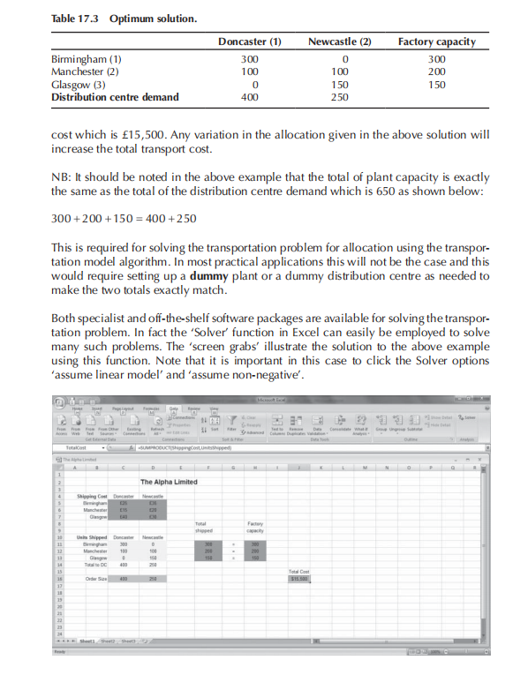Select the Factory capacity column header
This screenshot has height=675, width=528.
(436, 41)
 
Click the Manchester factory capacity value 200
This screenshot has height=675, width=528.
(435, 71)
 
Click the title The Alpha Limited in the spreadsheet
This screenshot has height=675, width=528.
(169, 457)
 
